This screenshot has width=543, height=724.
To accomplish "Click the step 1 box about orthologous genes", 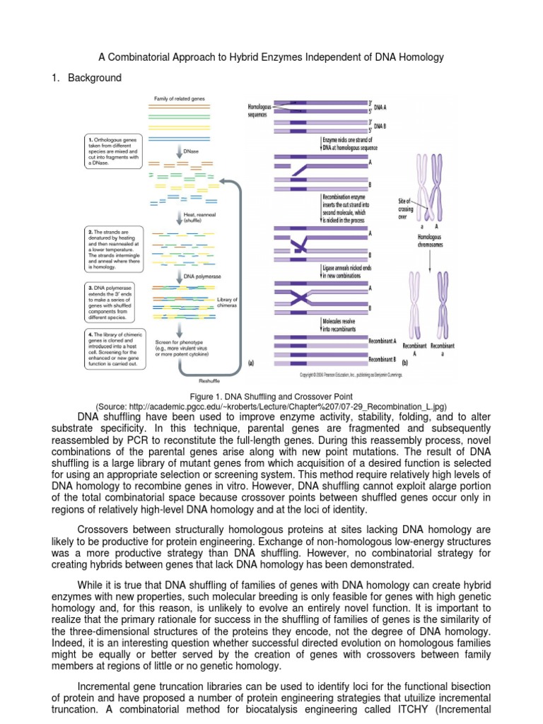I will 112,151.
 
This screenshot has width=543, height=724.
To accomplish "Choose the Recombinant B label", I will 383,358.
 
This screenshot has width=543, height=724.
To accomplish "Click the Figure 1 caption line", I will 271,397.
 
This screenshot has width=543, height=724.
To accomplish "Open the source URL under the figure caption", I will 271,407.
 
